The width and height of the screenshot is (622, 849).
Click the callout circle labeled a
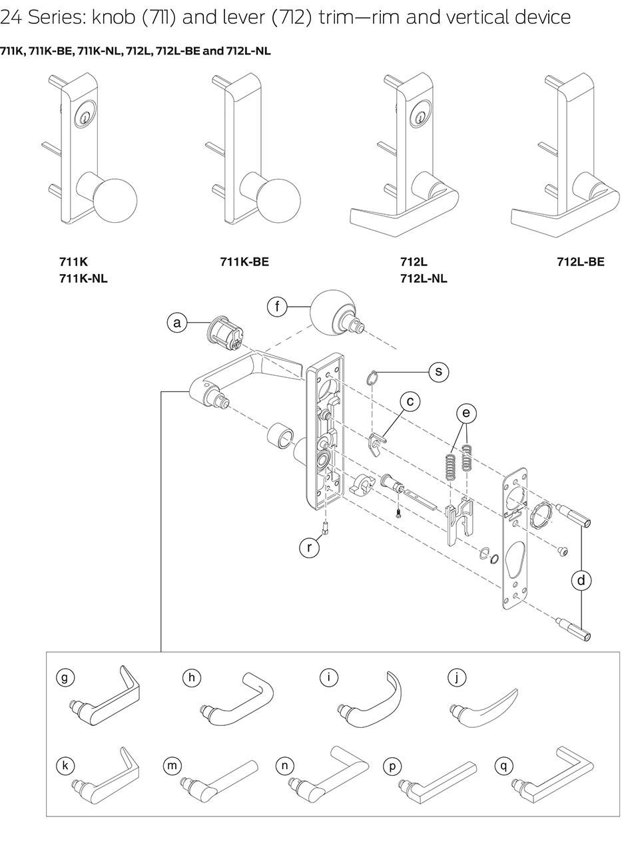(176, 323)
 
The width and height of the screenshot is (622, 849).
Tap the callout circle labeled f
(276, 307)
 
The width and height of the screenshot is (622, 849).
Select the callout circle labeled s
(438, 371)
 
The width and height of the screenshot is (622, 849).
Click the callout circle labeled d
(581, 580)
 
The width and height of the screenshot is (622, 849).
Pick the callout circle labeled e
(466, 413)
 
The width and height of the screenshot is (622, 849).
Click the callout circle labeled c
(410, 401)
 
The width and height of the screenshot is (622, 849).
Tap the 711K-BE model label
(244, 262)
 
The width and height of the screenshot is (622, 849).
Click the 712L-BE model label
(581, 262)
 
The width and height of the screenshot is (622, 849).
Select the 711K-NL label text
(83, 279)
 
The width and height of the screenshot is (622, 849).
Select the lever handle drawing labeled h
(238, 699)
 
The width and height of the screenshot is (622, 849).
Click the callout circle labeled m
(172, 766)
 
